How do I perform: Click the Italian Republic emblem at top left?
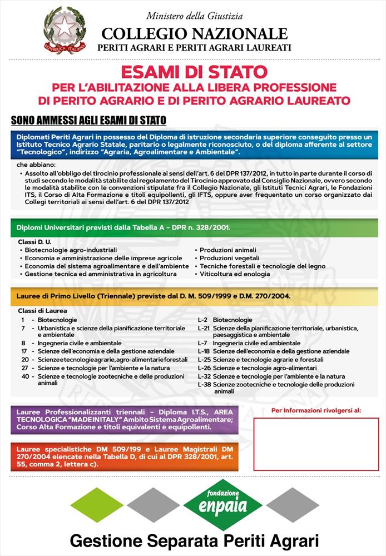pyautogui.click(x=65, y=31)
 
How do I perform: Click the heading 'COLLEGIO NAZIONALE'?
pyautogui.click(x=195, y=34)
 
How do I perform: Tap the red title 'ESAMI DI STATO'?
pyautogui.click(x=194, y=72)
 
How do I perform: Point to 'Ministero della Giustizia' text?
pyautogui.click(x=195, y=16)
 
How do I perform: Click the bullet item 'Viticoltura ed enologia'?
pyautogui.click(x=228, y=274)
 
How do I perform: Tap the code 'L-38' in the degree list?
pyautogui.click(x=204, y=384)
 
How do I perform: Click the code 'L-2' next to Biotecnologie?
pyautogui.click(x=202, y=320)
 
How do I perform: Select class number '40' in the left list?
pyautogui.click(x=25, y=376)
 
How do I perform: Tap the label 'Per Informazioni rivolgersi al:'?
pyautogui.click(x=316, y=410)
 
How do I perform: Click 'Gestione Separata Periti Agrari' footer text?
pyautogui.click(x=194, y=540)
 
